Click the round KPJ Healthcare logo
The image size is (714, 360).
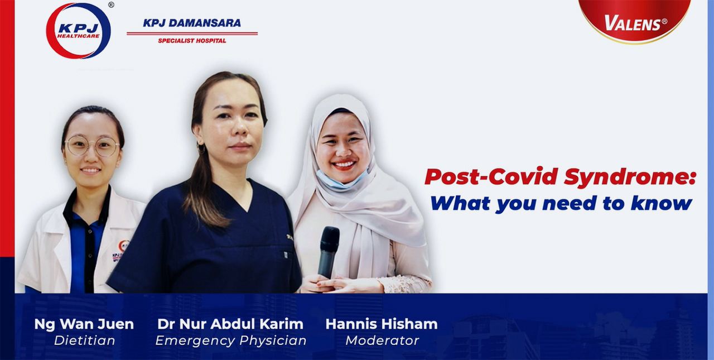coord(79,31)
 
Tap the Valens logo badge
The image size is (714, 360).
coord(634,21)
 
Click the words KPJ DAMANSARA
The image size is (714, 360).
coord(192,23)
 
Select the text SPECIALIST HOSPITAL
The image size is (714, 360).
coord(192,41)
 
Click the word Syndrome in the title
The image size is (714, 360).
coord(630,177)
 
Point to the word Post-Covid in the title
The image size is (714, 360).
coord(491,177)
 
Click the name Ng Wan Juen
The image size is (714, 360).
coord(84,324)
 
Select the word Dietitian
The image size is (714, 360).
coord(84,340)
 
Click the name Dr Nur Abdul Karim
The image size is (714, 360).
coord(230,324)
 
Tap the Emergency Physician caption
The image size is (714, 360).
coord(231,341)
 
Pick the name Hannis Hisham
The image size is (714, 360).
coord(382,324)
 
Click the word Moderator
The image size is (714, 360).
coord(382,340)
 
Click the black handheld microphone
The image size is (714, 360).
coord(329,252)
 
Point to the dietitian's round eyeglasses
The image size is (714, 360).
coord(92,146)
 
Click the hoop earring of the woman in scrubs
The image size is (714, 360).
coord(202,148)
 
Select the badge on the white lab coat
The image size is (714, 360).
coord(120,250)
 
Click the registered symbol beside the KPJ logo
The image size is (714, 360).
coord(111,5)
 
